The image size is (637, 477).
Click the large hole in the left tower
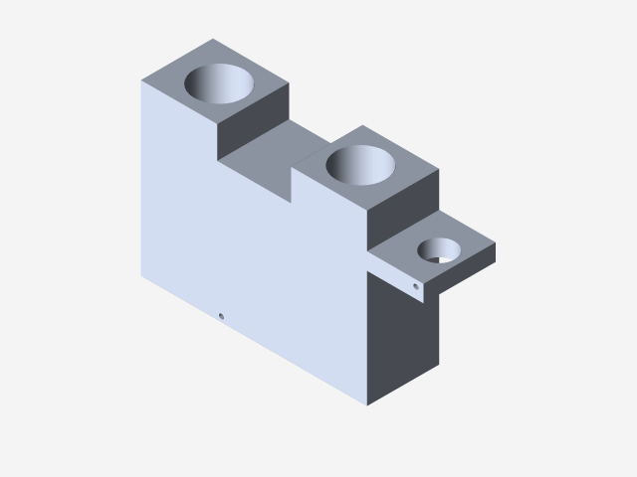pyautogui.click(x=220, y=83)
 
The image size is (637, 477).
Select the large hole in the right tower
pyautogui.click(x=360, y=164)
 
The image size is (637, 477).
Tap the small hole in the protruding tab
pyautogui.click(x=438, y=250)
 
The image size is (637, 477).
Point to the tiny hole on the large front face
pyautogui.click(x=221, y=317)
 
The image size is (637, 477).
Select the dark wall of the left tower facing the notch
pyautogui.click(x=251, y=124)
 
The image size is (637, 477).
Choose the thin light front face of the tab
pyautogui.click(x=398, y=276)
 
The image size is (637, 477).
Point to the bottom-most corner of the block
pyautogui.click(x=368, y=406)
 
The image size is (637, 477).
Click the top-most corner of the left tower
pyautogui.click(x=213, y=39)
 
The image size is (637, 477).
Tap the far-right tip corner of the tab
pyautogui.click(x=496, y=245)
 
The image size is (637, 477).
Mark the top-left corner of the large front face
pyautogui.click(x=140, y=80)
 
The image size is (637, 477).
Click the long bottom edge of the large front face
pyautogui.click(x=254, y=340)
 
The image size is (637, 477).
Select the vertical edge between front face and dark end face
pyautogui.click(x=368, y=338)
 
